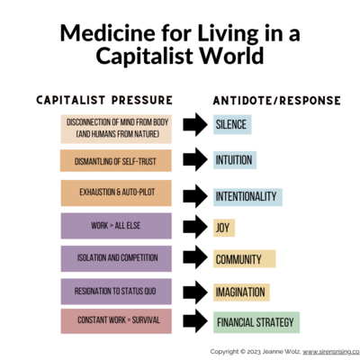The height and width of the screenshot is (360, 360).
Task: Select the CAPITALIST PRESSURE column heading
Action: point(104,100)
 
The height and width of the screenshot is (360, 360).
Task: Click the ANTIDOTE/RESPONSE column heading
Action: point(276,101)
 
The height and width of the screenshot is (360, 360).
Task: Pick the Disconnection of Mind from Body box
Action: point(116,129)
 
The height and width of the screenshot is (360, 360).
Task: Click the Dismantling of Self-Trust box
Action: point(116,161)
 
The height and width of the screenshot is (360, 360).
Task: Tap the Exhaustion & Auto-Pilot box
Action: point(116,193)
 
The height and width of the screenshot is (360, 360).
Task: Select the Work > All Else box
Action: point(116,226)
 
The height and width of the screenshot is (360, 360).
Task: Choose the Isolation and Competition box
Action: point(116,258)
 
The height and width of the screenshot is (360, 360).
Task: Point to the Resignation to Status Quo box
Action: point(116,291)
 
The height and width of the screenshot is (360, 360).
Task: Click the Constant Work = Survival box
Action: point(116,321)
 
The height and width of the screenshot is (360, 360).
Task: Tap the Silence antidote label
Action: point(232,124)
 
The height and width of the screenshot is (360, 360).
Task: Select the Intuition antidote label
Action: point(235,160)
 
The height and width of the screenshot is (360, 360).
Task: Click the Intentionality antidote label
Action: point(247,197)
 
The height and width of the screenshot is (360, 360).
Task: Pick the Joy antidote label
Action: point(224,228)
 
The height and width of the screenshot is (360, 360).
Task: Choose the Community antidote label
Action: point(245,258)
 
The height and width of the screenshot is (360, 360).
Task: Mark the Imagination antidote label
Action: point(241,292)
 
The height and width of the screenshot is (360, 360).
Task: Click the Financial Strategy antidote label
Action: point(256,322)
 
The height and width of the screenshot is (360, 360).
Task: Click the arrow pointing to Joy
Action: point(195,227)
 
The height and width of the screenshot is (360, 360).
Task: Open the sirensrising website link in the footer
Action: point(331,352)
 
